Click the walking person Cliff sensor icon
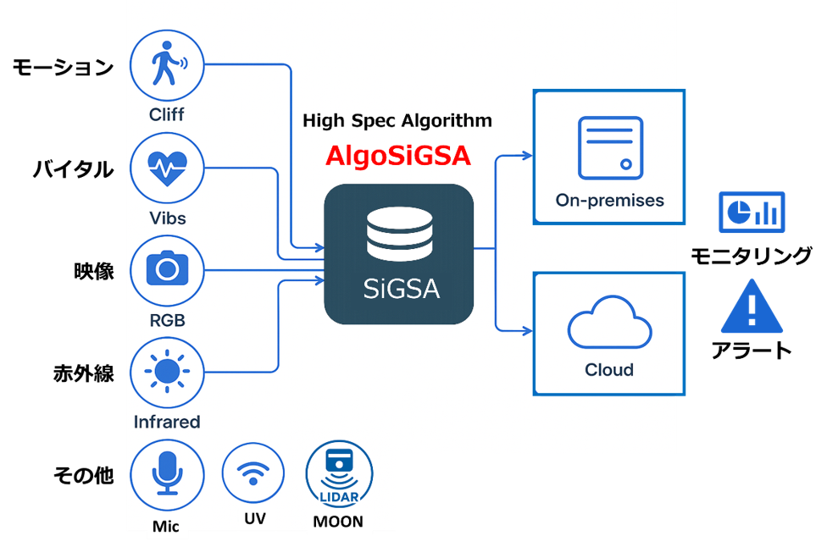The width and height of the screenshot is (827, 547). pyautogui.click(x=167, y=67)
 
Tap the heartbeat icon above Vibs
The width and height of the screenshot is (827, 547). pyautogui.click(x=167, y=169)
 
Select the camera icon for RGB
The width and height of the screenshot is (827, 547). pyautogui.click(x=167, y=270)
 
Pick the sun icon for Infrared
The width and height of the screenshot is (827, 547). pyautogui.click(x=167, y=372)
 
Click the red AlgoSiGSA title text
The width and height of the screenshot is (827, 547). pyautogui.click(x=398, y=157)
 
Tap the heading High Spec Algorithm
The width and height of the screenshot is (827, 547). pyautogui.click(x=397, y=120)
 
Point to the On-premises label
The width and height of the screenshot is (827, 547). pyautogui.click(x=609, y=201)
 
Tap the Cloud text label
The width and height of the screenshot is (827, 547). pyautogui.click(x=609, y=370)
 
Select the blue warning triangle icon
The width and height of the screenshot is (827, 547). pyautogui.click(x=752, y=307)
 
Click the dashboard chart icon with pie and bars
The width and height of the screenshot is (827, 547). pyautogui.click(x=752, y=212)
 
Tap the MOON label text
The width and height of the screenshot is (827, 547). pyautogui.click(x=338, y=522)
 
